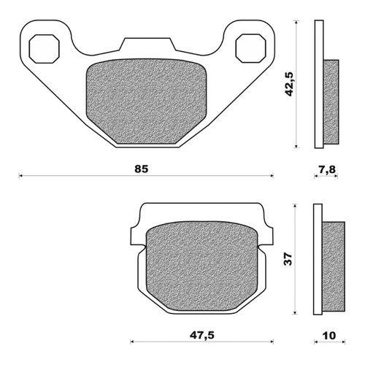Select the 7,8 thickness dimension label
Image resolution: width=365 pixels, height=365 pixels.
[326, 169]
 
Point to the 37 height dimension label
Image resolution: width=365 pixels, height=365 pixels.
[289, 258]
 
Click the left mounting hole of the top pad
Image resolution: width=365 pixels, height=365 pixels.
[42, 49]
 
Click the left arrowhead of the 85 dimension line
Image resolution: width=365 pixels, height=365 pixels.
[21, 175]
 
